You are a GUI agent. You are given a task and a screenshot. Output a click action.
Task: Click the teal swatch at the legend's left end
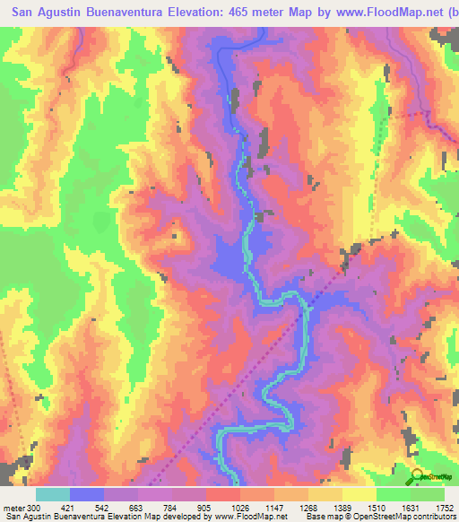click(x=53, y=494)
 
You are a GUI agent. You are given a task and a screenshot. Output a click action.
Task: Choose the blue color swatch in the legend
click(x=87, y=494)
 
